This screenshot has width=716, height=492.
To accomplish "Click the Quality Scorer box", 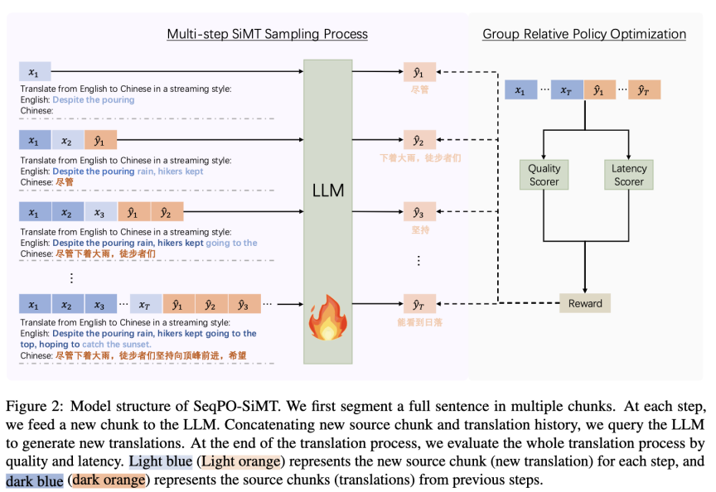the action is tap(544, 175).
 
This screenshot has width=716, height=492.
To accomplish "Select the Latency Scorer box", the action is tap(629, 175).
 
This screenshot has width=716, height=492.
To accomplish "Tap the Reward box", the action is tap(585, 303).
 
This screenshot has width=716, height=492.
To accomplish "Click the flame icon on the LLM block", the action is tap(328, 317).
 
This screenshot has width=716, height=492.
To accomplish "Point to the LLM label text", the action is tap(328, 191).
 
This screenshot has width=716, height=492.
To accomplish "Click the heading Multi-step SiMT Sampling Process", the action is tap(267, 34).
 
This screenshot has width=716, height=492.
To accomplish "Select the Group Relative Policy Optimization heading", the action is tap(584, 34).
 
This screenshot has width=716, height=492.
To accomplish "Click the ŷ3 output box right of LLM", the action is tap(419, 212).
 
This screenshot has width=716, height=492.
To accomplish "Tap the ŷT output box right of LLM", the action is tap(419, 304).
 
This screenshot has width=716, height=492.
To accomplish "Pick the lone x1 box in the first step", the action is tap(35, 72).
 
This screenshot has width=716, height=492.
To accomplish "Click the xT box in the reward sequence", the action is tap(567, 90).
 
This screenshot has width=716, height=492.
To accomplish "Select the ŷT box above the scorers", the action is tap(644, 90).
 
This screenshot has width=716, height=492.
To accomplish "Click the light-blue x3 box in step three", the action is tap(100, 212).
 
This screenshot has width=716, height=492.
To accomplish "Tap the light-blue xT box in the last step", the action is tap(146, 304).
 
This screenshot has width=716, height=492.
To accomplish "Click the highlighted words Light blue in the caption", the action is tap(160, 461).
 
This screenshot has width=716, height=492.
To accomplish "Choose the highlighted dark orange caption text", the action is tap(109, 480).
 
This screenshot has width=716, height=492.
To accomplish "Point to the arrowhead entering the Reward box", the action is tap(585, 291).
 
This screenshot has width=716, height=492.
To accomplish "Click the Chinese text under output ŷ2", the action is tap(420, 158).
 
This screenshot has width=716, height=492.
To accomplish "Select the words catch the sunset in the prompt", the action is tap(117, 345).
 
